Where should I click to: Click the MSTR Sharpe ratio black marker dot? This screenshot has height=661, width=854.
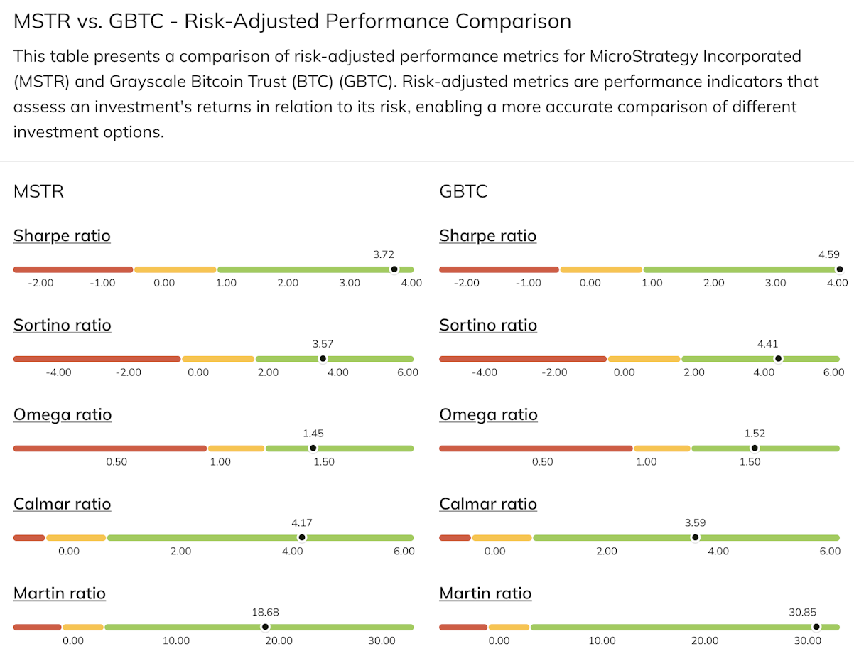pyautogui.click(x=394, y=269)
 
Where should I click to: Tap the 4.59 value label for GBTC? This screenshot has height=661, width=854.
pyautogui.click(x=829, y=254)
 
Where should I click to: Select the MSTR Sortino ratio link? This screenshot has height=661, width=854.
pyautogui.click(x=62, y=325)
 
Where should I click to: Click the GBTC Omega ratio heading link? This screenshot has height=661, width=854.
pyautogui.click(x=488, y=414)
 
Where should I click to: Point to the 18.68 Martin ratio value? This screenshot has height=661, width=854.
pyautogui.click(x=265, y=612)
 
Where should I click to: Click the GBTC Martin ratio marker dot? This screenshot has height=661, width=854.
pyautogui.click(x=816, y=627)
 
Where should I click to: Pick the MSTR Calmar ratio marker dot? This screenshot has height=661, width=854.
pyautogui.click(x=302, y=537)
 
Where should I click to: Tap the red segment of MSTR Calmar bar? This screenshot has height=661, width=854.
pyautogui.click(x=29, y=537)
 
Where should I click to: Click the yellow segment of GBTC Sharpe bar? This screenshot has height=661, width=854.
pyautogui.click(x=601, y=269)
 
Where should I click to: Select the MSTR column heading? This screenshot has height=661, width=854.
pyautogui.click(x=38, y=191)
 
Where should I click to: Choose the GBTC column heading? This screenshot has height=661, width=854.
pyautogui.click(x=463, y=191)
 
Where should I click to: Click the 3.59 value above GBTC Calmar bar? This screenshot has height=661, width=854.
pyautogui.click(x=696, y=522)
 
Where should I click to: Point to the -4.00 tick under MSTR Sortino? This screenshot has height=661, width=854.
pyautogui.click(x=58, y=372)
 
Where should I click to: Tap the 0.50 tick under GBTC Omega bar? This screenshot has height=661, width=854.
pyautogui.click(x=542, y=462)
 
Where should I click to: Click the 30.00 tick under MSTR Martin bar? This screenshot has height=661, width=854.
pyautogui.click(x=382, y=640)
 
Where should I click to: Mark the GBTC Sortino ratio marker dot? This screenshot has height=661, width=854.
pyautogui.click(x=778, y=358)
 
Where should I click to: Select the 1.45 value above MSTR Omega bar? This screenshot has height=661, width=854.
pyautogui.click(x=313, y=434)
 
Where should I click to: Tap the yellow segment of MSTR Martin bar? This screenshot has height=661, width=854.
pyautogui.click(x=83, y=627)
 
